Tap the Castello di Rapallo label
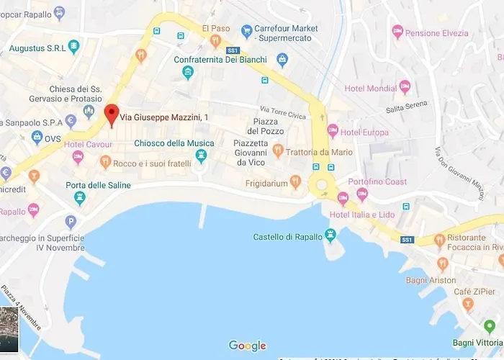tap(288, 237)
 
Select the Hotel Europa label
tap(365, 132)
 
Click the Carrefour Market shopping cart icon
tap(247, 32)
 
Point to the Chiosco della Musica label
tap(174, 143)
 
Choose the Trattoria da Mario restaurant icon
tap(278, 150)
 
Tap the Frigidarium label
tap(266, 184)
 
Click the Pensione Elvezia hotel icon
tap(397, 32)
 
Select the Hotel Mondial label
tap(371, 89)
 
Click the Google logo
tap(247, 346)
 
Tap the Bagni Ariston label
tap(431, 280)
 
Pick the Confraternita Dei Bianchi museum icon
tap(188, 72)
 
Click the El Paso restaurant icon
tap(215, 41)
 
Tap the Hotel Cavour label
tap(88, 144)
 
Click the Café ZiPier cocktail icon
tap(469, 304)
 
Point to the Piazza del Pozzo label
tap(263, 125)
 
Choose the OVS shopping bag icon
tap(37, 138)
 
